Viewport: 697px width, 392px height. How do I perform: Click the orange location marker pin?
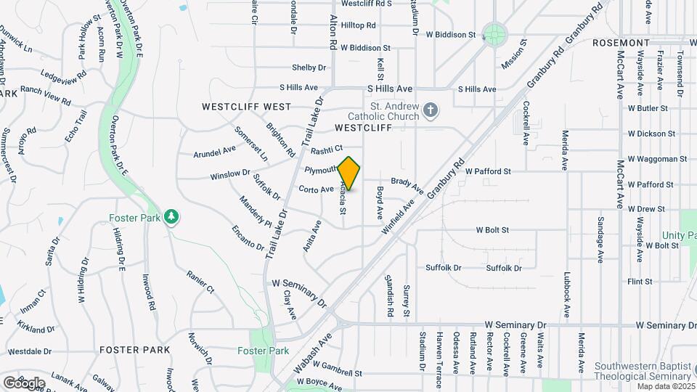point(349,173)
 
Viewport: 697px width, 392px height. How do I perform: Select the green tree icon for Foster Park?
point(172,217)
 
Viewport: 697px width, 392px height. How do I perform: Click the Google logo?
point(24,383)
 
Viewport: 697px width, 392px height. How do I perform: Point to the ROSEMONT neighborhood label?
point(620,43)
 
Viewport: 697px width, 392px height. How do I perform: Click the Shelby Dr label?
point(309,68)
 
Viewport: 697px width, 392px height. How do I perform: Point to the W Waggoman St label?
point(657,159)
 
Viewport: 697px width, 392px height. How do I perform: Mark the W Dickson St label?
point(651,134)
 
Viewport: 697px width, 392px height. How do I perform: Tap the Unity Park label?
point(679,235)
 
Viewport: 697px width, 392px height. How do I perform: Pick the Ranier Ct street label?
point(200,282)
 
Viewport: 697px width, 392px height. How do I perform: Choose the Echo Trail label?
point(76,126)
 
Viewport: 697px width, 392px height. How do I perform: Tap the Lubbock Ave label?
point(566,295)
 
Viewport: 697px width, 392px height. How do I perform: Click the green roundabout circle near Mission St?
point(495,33)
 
